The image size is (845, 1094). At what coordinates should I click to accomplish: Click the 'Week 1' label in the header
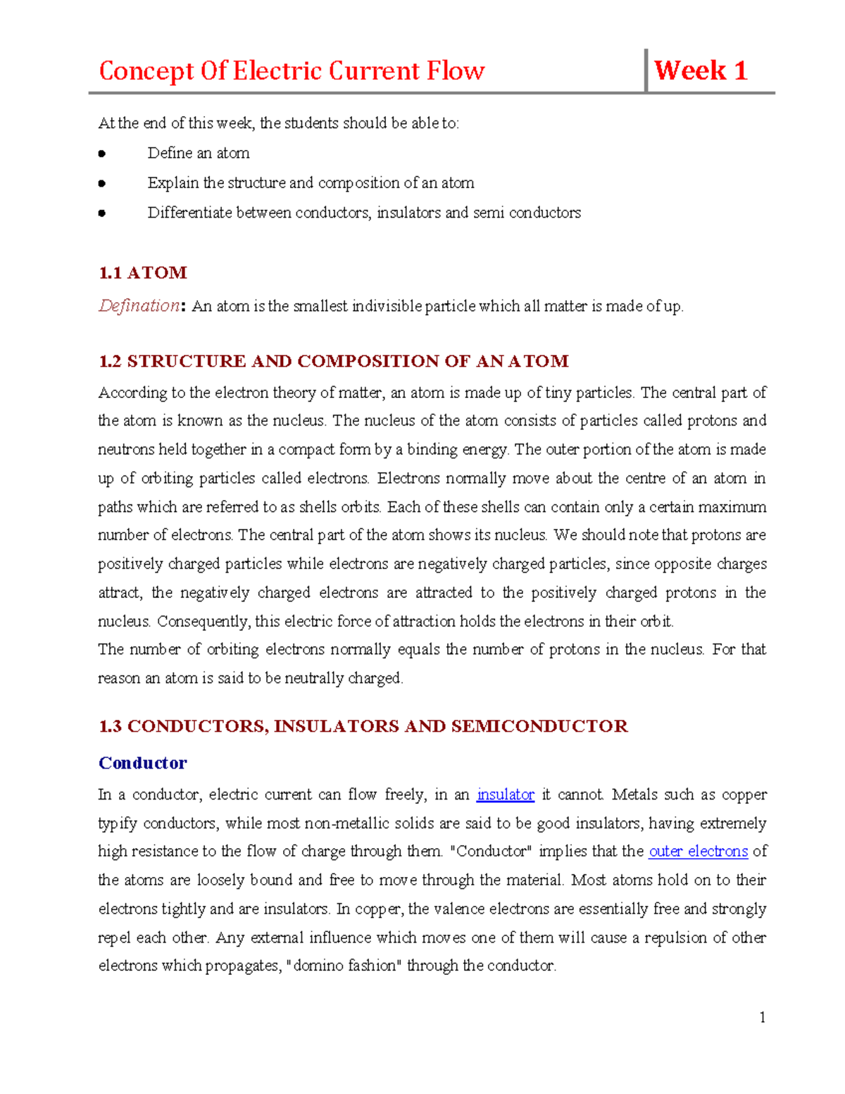click(x=700, y=70)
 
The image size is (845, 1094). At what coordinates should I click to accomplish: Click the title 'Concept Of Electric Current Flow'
click(x=292, y=71)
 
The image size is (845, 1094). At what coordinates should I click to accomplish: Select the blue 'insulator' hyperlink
click(x=505, y=795)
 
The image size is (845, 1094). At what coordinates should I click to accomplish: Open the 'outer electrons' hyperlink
click(x=698, y=851)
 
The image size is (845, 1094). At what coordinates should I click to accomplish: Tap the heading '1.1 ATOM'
click(x=143, y=273)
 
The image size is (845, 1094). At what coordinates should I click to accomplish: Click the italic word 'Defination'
click(x=139, y=306)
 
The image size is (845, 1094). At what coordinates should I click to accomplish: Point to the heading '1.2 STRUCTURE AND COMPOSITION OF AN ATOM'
click(x=333, y=361)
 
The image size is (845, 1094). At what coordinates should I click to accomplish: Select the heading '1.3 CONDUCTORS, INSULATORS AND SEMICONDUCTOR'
click(x=363, y=726)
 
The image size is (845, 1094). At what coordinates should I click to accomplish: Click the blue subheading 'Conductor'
click(x=142, y=763)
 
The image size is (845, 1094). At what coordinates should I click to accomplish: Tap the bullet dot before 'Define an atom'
click(x=102, y=154)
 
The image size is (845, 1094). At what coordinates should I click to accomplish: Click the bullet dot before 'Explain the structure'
click(x=102, y=183)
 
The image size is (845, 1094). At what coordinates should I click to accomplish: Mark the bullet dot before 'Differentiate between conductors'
click(x=102, y=213)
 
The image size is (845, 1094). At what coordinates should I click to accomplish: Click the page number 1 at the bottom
click(x=762, y=1017)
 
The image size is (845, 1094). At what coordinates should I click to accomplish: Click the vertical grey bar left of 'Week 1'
click(x=646, y=70)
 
